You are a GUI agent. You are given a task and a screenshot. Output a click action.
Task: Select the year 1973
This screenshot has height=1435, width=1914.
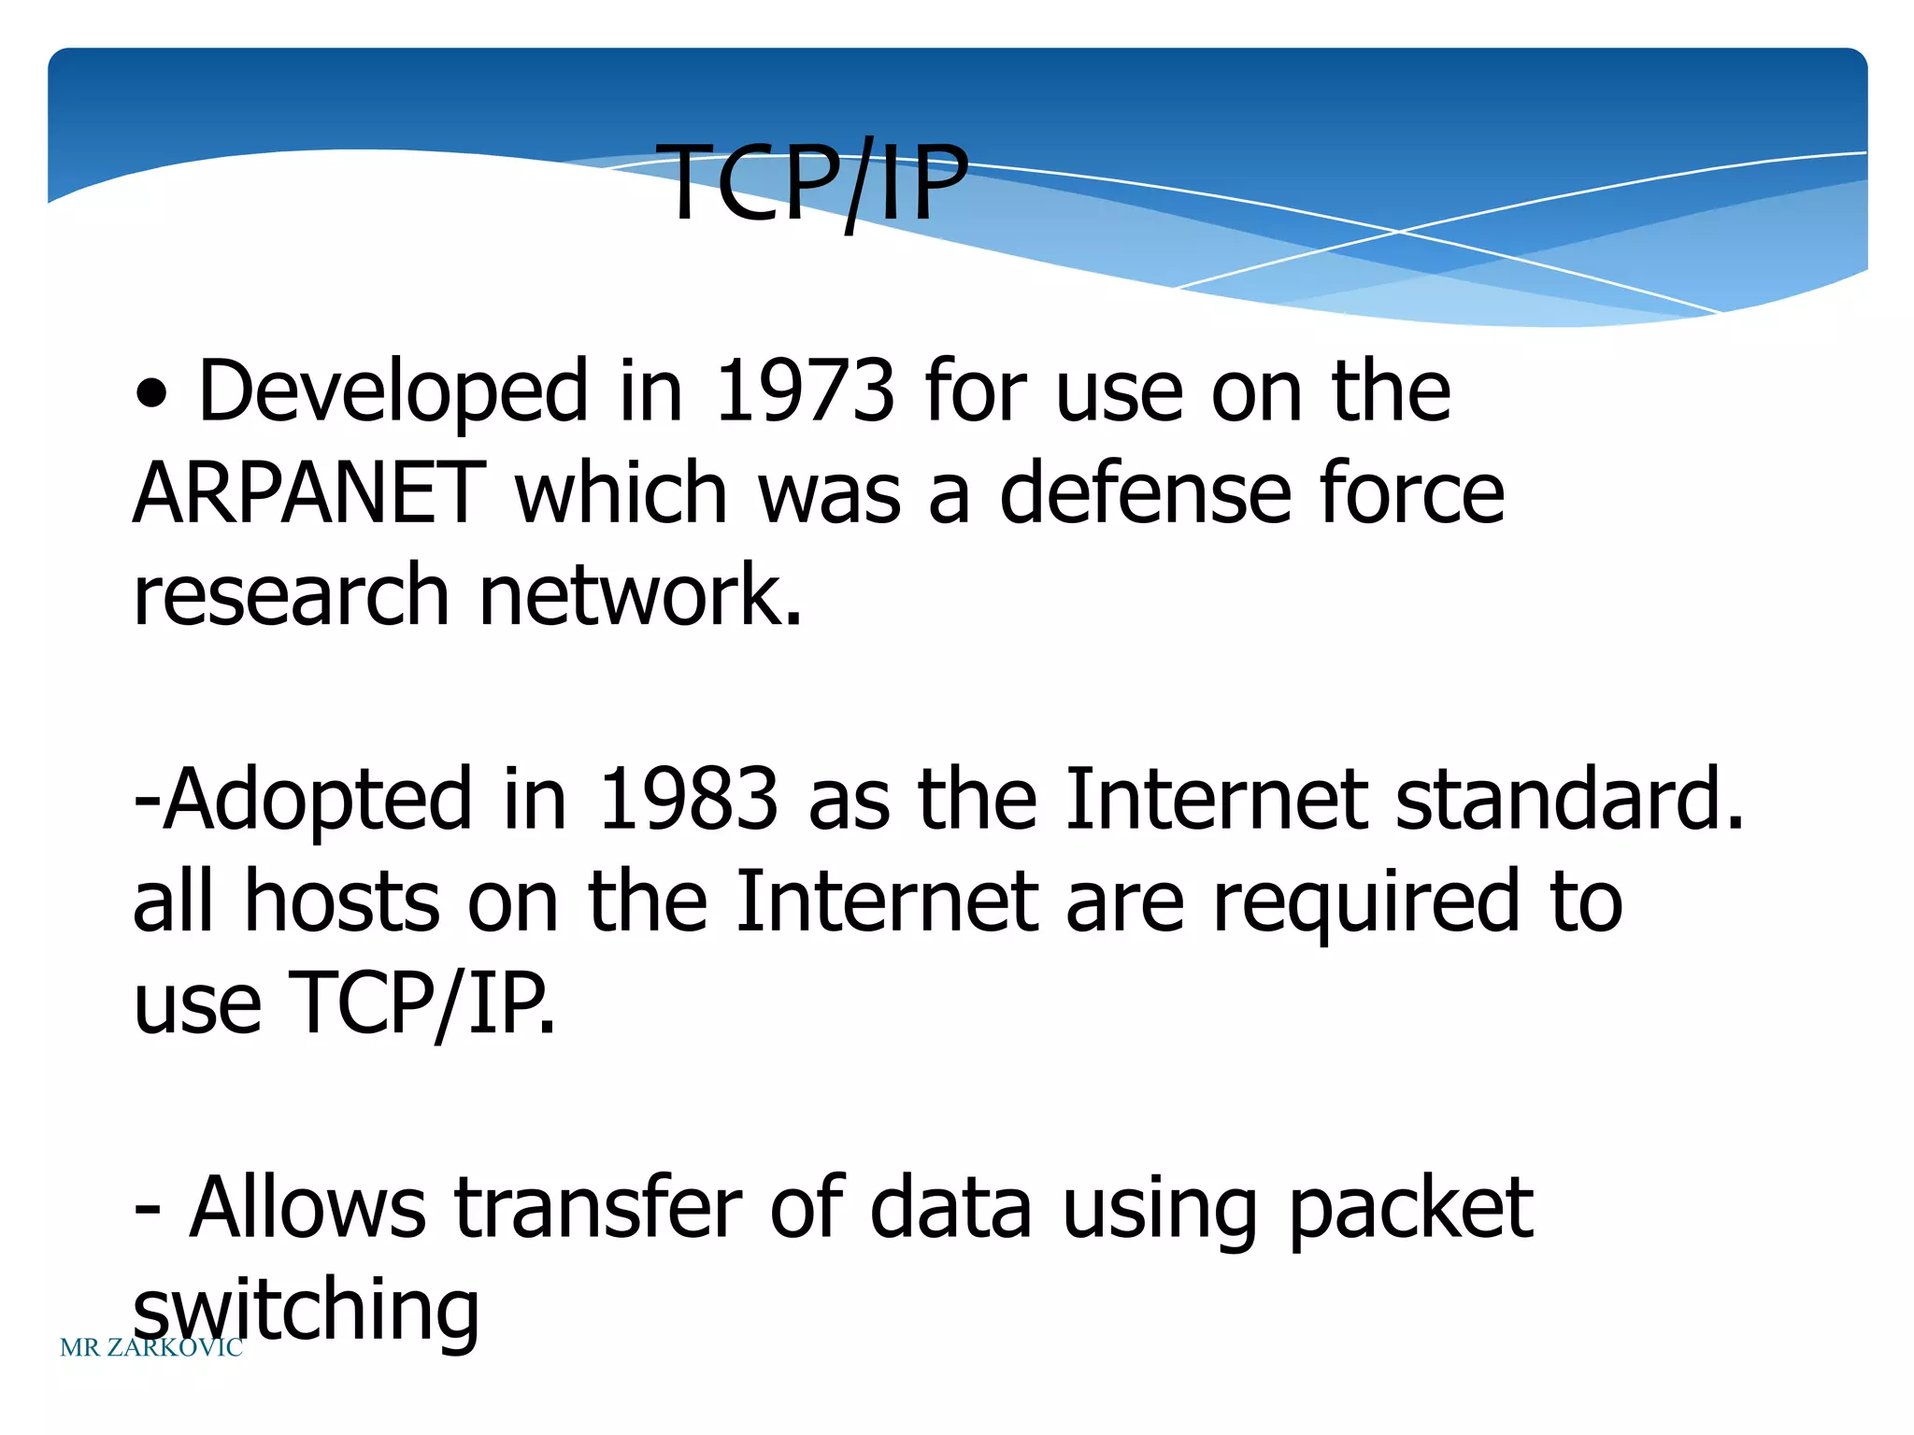click(x=805, y=391)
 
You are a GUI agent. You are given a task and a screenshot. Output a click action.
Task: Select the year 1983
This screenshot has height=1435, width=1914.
click(x=688, y=800)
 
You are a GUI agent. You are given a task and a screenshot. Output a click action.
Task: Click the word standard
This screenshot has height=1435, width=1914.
click(x=1569, y=800)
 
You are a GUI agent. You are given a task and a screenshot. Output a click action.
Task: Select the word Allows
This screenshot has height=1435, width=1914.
click(x=307, y=1208)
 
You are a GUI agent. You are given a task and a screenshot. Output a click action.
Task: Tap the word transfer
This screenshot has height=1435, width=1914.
click(x=598, y=1208)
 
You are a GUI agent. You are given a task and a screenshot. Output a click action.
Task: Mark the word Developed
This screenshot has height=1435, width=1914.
click(x=393, y=393)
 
